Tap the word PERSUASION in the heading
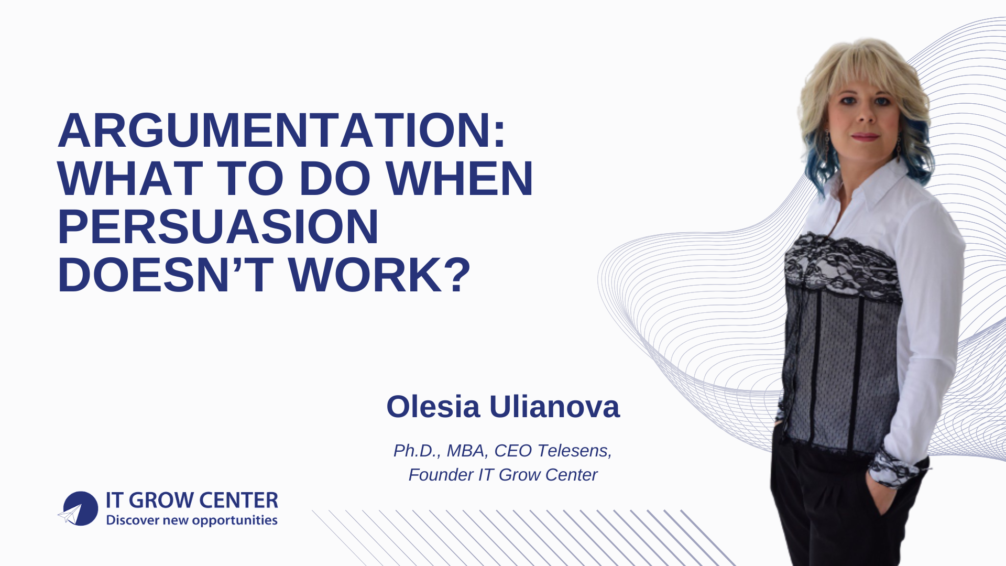[218, 227]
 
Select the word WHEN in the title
[460, 179]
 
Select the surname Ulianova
[554, 407]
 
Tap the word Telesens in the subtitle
[575, 451]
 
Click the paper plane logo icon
[78, 509]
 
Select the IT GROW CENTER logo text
[192, 500]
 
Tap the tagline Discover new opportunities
[192, 520]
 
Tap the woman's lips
[865, 137]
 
